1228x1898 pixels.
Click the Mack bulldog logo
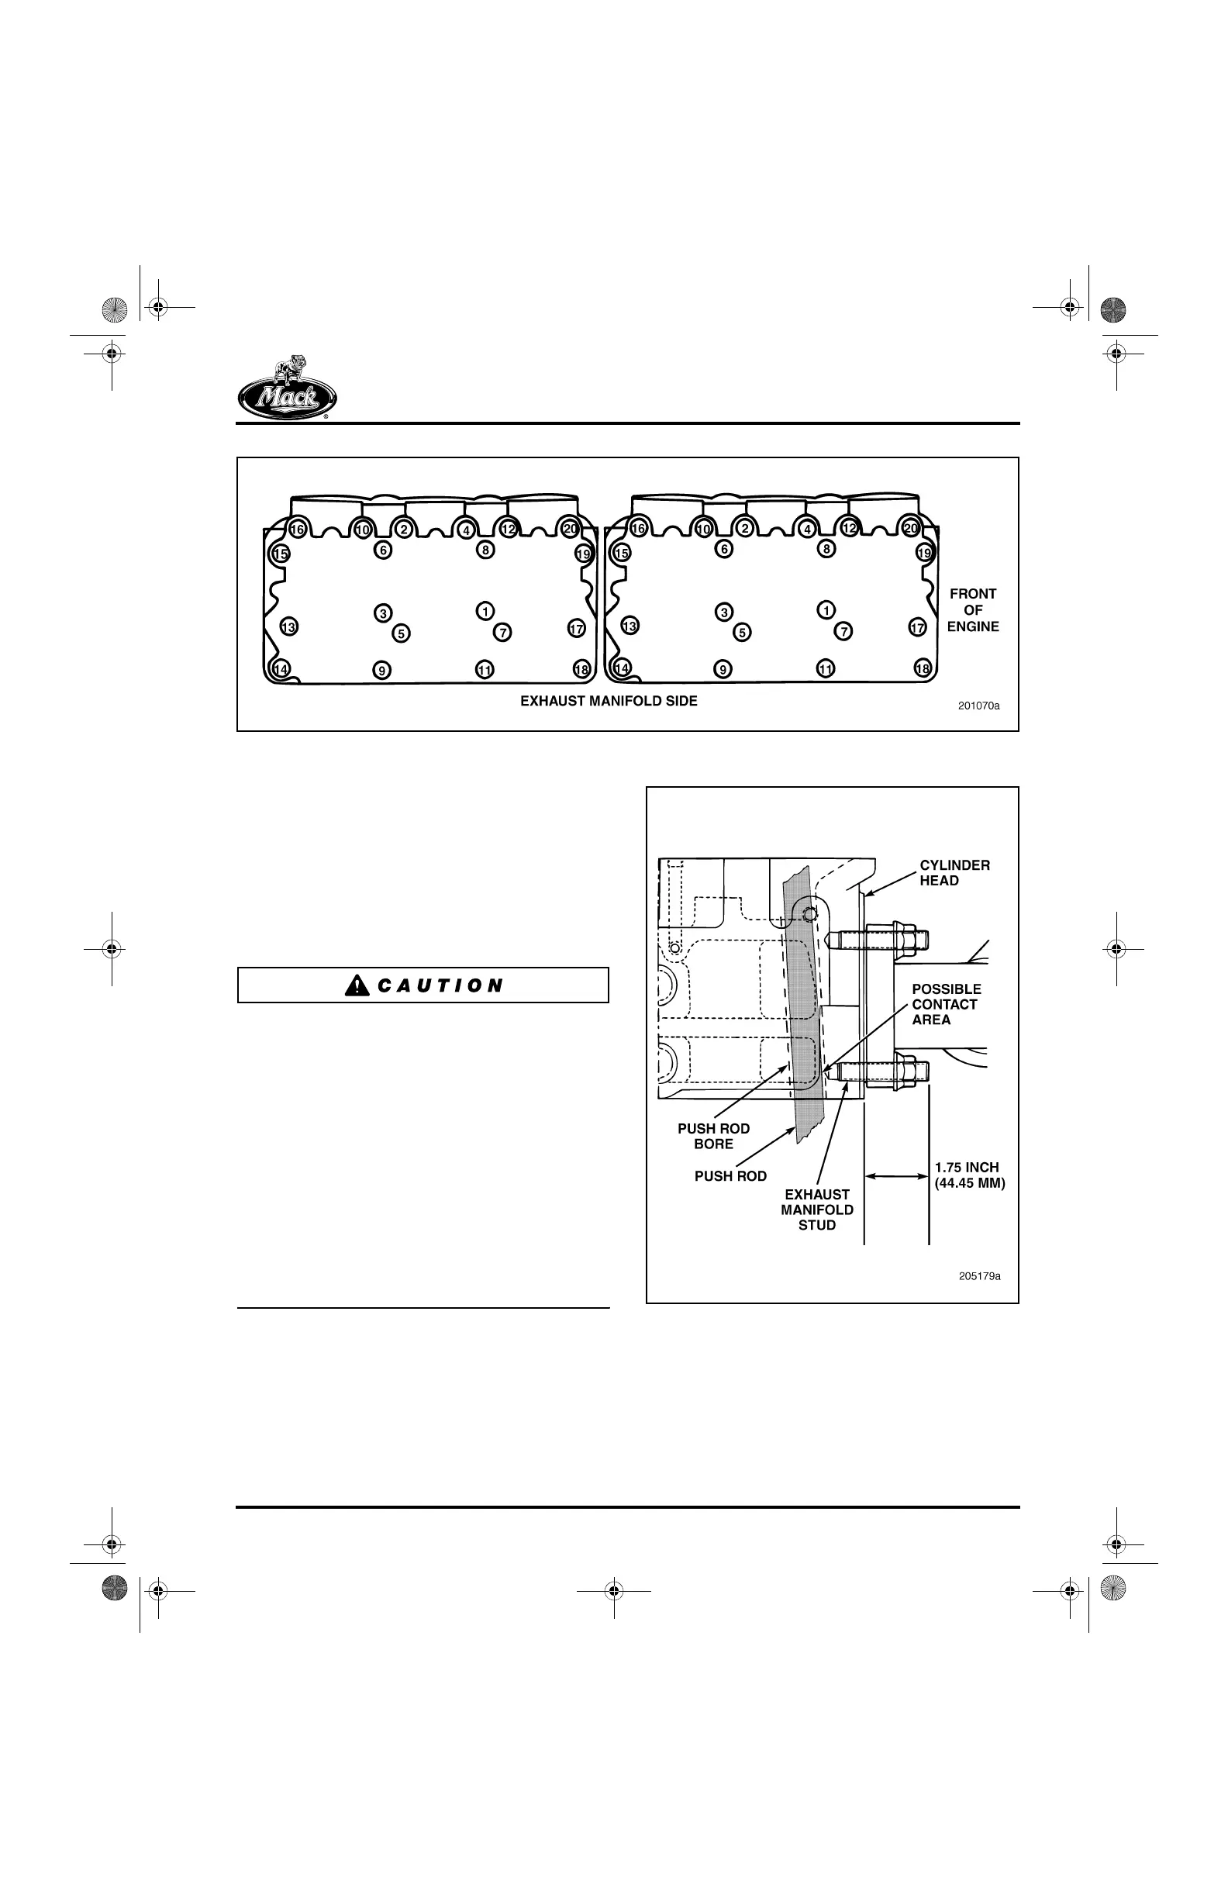(287, 388)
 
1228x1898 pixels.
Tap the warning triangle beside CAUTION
(357, 985)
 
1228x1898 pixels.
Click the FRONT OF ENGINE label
(973, 610)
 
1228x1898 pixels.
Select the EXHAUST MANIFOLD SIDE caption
(609, 701)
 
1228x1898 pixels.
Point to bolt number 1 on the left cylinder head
(485, 611)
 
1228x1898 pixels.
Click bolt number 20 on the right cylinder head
(911, 528)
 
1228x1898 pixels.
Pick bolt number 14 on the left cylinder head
(281, 669)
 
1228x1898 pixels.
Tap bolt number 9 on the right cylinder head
(723, 669)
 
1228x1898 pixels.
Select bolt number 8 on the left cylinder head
(485, 550)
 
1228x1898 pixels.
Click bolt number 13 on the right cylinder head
(630, 626)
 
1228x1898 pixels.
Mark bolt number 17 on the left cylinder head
(577, 629)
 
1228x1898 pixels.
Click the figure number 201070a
(978, 706)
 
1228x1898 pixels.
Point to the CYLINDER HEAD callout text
(954, 872)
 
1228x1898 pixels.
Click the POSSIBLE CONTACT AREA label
(946, 1004)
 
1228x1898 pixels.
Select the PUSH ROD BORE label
(714, 1136)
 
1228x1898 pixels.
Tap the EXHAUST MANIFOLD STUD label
(816, 1209)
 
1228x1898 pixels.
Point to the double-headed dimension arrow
(896, 1175)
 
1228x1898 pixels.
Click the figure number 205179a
(979, 1276)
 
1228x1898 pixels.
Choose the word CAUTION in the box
(440, 985)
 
